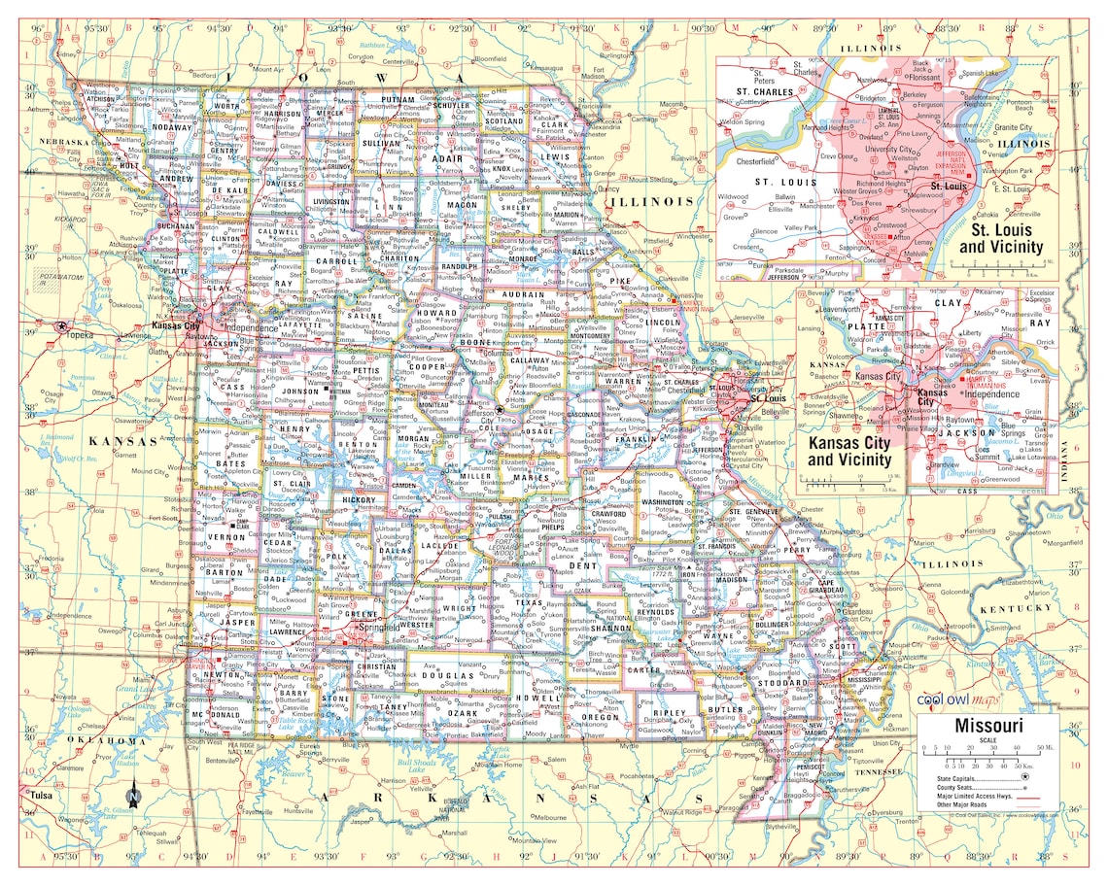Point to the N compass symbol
coord(134,798)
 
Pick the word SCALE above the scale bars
coord(988,741)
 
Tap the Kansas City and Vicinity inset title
coord(849,451)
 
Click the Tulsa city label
coord(39,795)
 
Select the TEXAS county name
coord(529,603)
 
